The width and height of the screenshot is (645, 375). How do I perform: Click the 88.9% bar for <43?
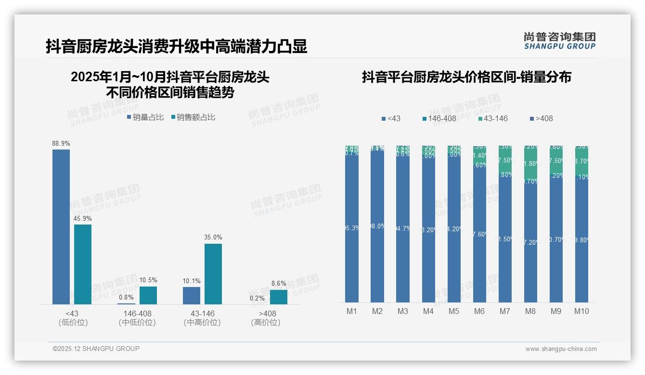61,226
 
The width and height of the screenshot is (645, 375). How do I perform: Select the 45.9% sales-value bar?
83,264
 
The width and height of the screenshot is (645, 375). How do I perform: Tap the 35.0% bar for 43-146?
213,274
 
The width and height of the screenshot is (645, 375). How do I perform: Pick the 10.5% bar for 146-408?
148,295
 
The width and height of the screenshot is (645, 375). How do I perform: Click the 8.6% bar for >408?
278,297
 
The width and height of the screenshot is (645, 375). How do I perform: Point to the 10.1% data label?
192,281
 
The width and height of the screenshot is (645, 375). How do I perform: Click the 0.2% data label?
257,298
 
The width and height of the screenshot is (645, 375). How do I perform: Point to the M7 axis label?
504,311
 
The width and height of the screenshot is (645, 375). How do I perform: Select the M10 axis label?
581,311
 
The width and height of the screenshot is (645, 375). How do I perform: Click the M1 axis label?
352,311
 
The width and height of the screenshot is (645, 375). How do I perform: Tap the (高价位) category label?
265,323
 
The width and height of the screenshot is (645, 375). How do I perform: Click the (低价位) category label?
73,323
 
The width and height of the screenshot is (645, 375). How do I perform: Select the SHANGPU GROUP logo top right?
559,40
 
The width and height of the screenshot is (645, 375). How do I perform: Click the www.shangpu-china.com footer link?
561,349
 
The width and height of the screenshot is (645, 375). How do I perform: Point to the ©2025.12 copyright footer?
96,349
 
